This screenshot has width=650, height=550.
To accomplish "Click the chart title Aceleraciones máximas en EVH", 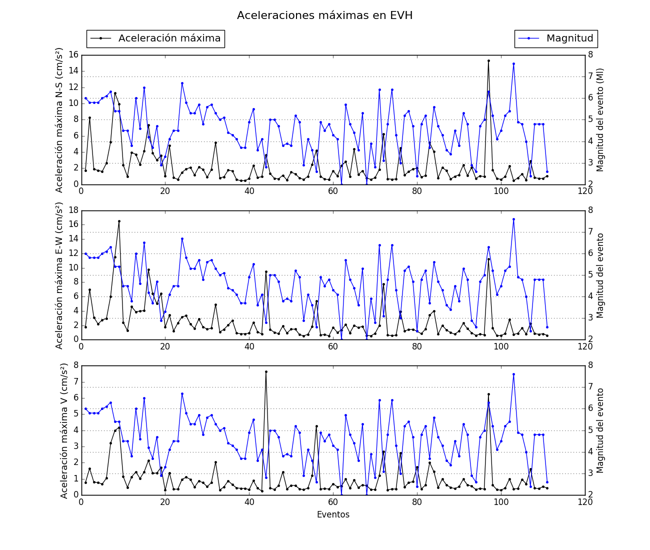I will tap(324, 15).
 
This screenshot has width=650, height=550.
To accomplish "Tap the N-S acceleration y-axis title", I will tap(59, 119).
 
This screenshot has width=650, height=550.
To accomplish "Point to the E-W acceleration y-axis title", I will tap(59, 275).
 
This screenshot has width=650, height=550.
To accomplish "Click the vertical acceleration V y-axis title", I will tap(64, 430).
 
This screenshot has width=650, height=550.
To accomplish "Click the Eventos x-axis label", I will tap(333, 514).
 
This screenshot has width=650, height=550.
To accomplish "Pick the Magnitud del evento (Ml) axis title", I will tap(600, 119).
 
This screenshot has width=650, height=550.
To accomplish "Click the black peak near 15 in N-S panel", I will tap(488, 60).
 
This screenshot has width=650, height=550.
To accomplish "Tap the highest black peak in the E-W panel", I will tap(119, 221).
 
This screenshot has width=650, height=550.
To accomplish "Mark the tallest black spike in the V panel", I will tap(266, 371).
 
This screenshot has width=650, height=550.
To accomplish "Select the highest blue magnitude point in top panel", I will tap(513, 63).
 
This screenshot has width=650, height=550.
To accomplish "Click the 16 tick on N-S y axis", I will tap(73, 54).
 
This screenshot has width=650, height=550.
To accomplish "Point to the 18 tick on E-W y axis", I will tap(73, 210).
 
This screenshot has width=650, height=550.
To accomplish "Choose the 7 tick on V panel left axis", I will tap(75, 381).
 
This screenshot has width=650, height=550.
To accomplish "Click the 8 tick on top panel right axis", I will tap(591, 54).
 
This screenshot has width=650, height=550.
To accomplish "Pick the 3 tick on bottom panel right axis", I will tap(591, 473).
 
